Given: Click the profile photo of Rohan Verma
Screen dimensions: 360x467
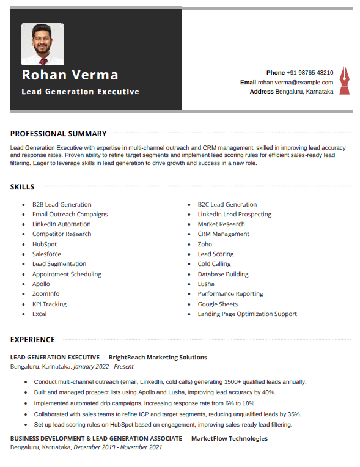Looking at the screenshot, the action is pos(42,44).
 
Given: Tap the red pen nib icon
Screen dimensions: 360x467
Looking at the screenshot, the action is pos(344,81).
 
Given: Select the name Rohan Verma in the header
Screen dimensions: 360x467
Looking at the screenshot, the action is pos(70,75).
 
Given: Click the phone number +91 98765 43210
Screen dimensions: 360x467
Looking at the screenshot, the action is pos(310,72).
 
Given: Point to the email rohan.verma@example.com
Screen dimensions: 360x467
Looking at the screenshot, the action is pos(295,82).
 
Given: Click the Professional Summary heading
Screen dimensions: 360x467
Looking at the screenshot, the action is pos(58,134).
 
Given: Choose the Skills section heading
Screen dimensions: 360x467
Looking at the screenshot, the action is pos(23,187).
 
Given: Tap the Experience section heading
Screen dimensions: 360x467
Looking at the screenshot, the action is pos(32,340).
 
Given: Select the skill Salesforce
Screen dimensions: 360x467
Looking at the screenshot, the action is pos(46,254).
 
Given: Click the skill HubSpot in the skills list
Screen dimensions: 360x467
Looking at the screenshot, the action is pos(45,245).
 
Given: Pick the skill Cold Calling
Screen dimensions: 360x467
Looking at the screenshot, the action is pos(214,264).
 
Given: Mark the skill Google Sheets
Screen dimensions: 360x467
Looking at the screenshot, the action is pos(218,304).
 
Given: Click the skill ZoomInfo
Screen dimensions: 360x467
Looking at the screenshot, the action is pos(46,294).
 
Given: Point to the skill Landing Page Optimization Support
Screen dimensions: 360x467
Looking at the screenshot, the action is pos(247,314).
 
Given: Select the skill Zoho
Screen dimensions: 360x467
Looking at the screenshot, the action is pos(205,245).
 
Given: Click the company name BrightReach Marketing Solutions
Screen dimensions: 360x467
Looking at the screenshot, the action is pos(158,358).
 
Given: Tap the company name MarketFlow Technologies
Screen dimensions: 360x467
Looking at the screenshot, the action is pos(229,439).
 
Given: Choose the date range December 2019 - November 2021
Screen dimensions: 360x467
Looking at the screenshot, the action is pos(117,447).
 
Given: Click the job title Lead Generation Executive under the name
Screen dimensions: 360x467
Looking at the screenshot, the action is pos(80,92).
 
